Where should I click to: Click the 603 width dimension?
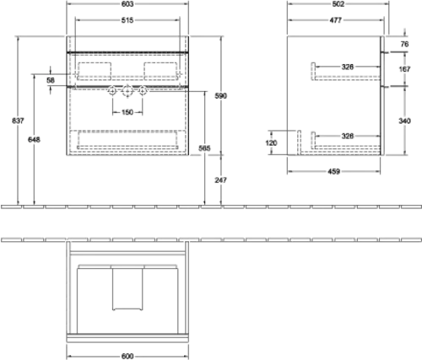pos(127,4)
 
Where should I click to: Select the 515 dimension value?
pos(127,20)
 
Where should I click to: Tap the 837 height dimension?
pos(18,121)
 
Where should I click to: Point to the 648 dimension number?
pos(34,139)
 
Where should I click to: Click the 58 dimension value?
pos(51,80)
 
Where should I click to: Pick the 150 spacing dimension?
pos(127,112)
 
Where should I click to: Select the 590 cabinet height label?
pos(220,96)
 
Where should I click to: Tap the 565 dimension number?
pos(204,148)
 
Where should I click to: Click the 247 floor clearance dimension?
pos(220,180)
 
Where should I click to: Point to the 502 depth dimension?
pos(338,4)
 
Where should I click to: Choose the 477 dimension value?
pos(336,20)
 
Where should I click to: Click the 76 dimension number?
pos(404,44)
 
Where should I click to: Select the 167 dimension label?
pos(404,69)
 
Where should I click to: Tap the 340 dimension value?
pos(404,121)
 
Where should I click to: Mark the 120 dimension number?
pos(271,142)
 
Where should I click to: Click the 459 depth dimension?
pos(334,171)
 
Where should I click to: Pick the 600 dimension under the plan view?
pos(127,356)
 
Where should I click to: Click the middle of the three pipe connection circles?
pos(127,91)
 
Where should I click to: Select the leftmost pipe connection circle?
pos(112,91)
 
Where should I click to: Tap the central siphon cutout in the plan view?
pos(127,289)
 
